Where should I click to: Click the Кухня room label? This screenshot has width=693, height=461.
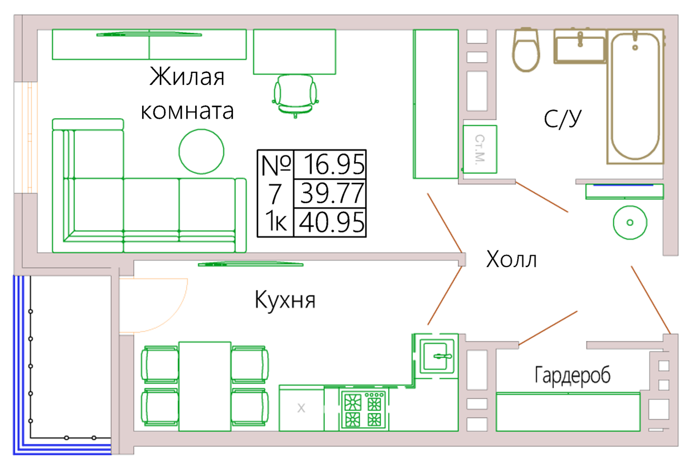(x=285, y=300)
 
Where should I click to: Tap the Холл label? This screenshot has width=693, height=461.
(x=511, y=259)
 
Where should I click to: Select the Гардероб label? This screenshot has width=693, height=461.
(x=573, y=375)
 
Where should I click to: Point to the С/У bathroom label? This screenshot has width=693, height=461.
(x=563, y=119)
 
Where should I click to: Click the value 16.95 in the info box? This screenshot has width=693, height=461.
(x=334, y=164)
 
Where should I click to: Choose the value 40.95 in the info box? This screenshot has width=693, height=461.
(x=332, y=222)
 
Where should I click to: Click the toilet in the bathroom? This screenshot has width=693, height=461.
(x=526, y=50)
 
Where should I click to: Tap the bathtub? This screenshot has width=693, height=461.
(x=635, y=96)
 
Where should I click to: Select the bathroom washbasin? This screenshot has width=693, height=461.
(x=580, y=47)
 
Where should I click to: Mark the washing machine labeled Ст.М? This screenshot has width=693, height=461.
(x=480, y=149)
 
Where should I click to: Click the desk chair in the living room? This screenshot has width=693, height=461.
(x=295, y=96)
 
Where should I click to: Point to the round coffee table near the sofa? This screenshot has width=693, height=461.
(x=202, y=152)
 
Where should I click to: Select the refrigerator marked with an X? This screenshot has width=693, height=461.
(x=301, y=408)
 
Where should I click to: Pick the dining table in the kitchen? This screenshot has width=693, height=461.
(x=205, y=386)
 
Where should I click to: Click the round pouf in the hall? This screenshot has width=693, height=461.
(x=630, y=223)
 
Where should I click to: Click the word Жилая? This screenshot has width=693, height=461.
(x=187, y=76)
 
